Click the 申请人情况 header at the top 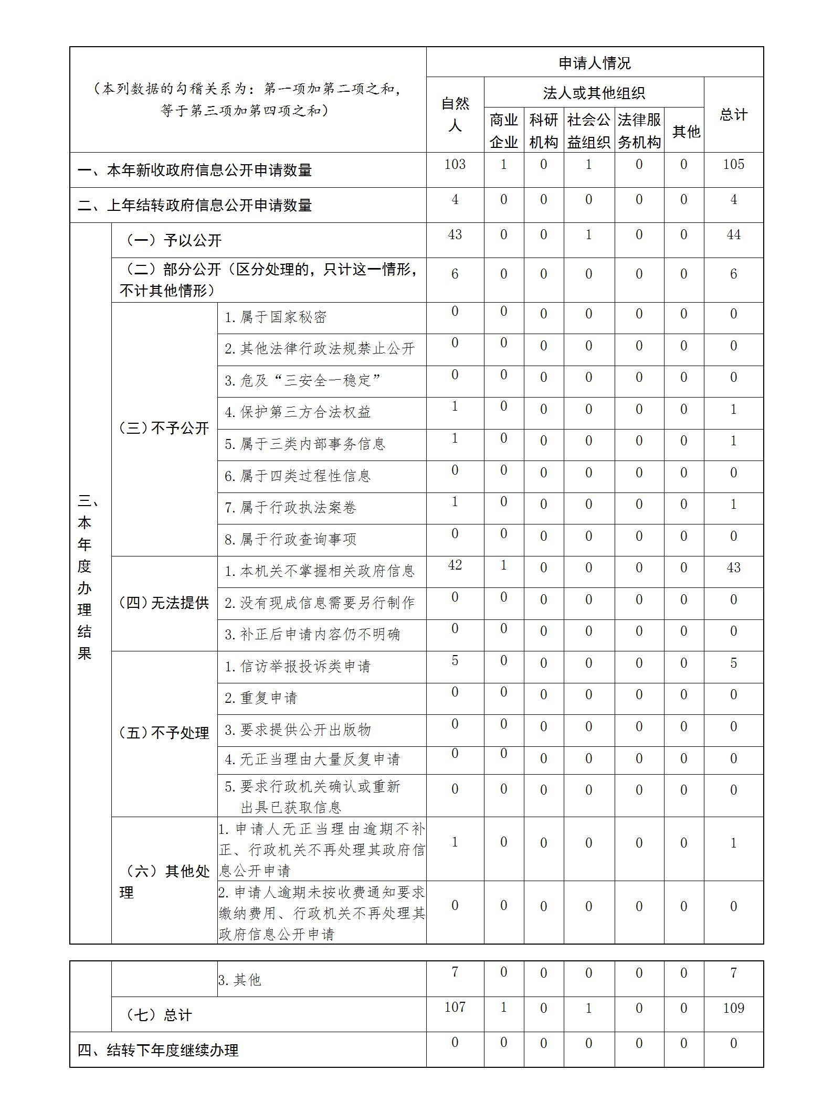pos(594,63)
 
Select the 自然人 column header pos(455,114)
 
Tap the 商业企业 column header pos(503,131)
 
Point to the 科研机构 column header pos(543,131)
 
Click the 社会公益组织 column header pos(588,131)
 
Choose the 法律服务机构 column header pos(639,131)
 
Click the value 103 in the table pos(455,164)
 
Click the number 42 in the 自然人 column pos(455,565)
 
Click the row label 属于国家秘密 pos(276,317)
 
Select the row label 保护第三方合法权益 pos(298,412)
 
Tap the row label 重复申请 pos(261,698)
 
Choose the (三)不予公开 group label pos(164,429)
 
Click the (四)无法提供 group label pos(164,603)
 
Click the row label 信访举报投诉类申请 pos(298,667)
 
